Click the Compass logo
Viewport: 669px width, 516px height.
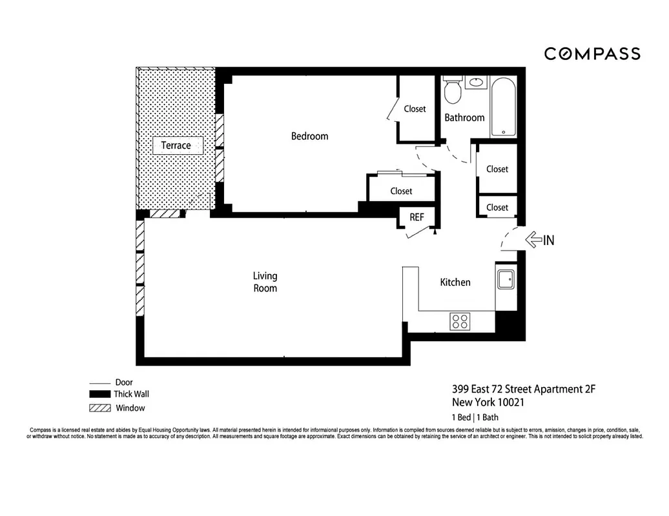coord(592,54)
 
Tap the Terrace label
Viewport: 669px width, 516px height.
coord(176,145)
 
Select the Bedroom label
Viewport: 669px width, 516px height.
coord(309,136)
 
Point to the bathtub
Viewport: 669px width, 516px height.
coord(503,106)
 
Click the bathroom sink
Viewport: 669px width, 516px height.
coord(477,82)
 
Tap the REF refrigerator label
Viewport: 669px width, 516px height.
coord(417,217)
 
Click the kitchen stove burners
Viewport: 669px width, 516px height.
coord(460,321)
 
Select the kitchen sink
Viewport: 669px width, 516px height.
coord(505,281)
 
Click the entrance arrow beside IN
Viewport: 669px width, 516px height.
coord(533,241)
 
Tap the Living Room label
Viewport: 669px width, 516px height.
coord(265,282)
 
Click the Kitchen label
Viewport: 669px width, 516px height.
coord(455,282)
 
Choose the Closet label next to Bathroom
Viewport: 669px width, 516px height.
coord(415,109)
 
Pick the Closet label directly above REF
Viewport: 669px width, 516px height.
coord(401,191)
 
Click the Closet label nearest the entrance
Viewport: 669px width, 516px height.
coord(497,208)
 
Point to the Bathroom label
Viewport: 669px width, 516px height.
coord(464,117)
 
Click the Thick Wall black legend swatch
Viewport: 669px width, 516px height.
coord(99,394)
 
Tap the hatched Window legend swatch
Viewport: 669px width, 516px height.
coord(99,408)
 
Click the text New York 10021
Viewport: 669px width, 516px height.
coord(488,402)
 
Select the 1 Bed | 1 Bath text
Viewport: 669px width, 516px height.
coord(475,417)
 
